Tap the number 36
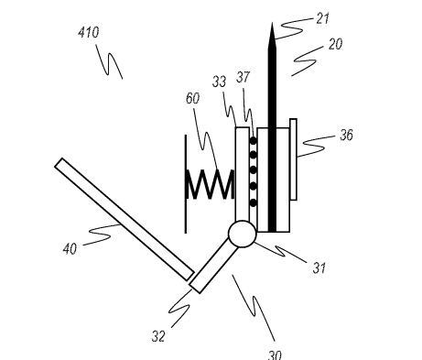click(345, 136)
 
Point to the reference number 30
click(274, 354)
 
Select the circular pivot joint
click(242, 235)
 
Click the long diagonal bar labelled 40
click(124, 220)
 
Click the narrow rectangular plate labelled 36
click(293, 159)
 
